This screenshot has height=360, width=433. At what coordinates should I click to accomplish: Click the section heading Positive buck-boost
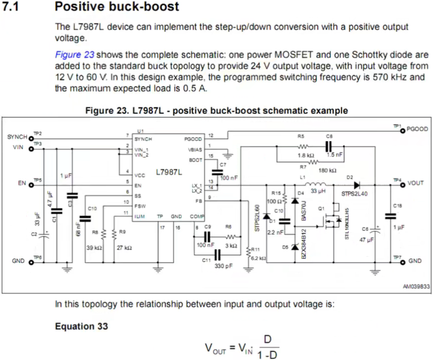tap(117, 7)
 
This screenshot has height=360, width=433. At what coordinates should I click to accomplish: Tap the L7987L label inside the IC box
tap(169, 172)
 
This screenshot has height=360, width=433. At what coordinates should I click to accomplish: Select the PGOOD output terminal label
tap(417, 129)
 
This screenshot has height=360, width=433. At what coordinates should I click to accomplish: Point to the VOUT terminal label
tap(416, 183)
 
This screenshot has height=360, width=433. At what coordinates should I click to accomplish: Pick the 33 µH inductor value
tap(318, 191)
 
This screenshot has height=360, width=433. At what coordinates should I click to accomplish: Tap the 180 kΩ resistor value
tap(327, 170)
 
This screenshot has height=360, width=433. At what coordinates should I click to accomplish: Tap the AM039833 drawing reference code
tap(415, 286)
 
